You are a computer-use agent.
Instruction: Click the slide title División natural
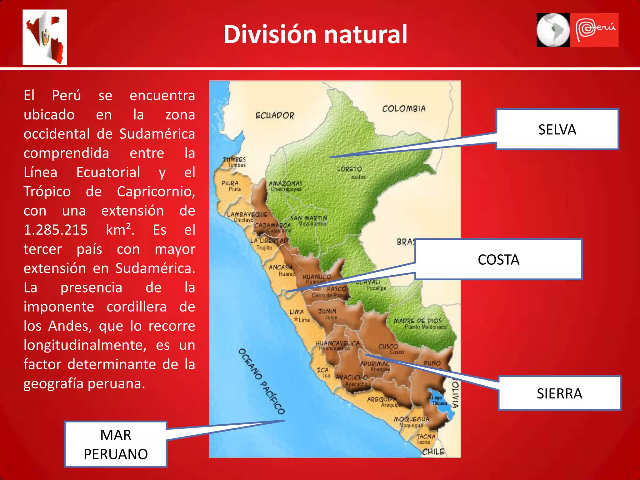315,34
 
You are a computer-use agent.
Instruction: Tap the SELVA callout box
557,129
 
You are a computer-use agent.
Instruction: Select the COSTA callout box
498,259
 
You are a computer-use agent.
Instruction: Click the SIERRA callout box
559,393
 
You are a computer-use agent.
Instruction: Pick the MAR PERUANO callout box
116,444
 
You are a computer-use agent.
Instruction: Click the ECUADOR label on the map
275,116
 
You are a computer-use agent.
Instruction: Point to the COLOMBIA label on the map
403,109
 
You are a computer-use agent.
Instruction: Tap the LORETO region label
349,169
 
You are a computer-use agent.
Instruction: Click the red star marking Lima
296,319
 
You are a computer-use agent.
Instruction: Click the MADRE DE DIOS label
417,321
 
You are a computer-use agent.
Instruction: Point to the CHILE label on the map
433,452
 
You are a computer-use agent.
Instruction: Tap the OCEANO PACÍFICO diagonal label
261,381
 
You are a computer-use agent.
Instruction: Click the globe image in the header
553,30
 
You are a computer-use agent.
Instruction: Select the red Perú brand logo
594,30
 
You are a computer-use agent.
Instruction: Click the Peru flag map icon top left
45,37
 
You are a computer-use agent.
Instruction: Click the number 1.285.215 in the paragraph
56,230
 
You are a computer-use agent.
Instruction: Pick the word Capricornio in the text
156,192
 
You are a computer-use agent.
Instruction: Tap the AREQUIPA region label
382,399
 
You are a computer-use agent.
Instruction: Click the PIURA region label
230,183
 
